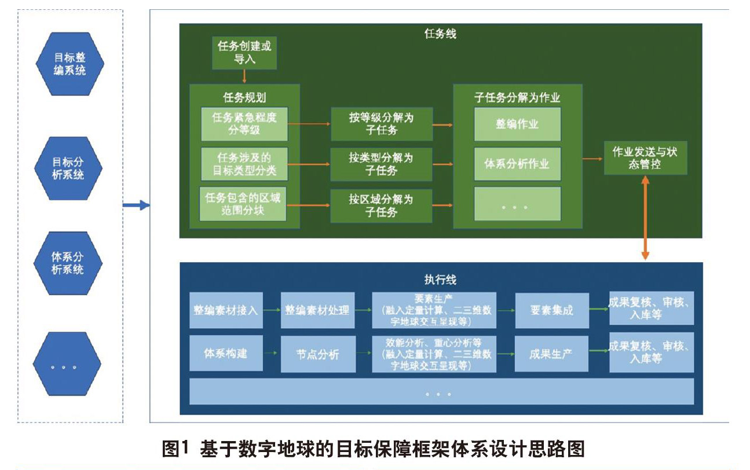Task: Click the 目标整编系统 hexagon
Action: click(69, 64)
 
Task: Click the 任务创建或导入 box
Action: click(244, 53)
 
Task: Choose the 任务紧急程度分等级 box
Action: click(244, 124)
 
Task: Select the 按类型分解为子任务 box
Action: click(381, 164)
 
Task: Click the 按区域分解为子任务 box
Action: click(381, 205)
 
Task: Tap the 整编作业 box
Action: click(517, 124)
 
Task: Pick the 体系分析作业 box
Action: click(517, 164)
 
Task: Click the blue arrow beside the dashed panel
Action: click(136, 205)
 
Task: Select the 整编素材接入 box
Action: click(226, 310)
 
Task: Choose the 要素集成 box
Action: click(551, 310)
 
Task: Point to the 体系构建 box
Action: click(226, 353)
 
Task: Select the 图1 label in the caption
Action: click(176, 449)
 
